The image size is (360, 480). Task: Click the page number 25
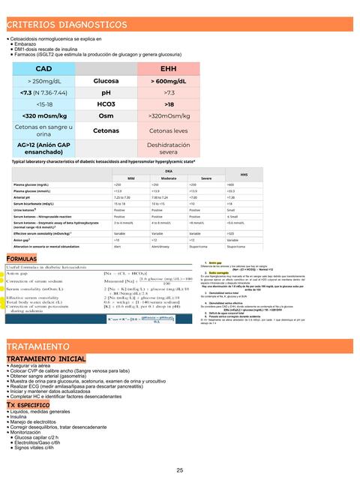(180, 469)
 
